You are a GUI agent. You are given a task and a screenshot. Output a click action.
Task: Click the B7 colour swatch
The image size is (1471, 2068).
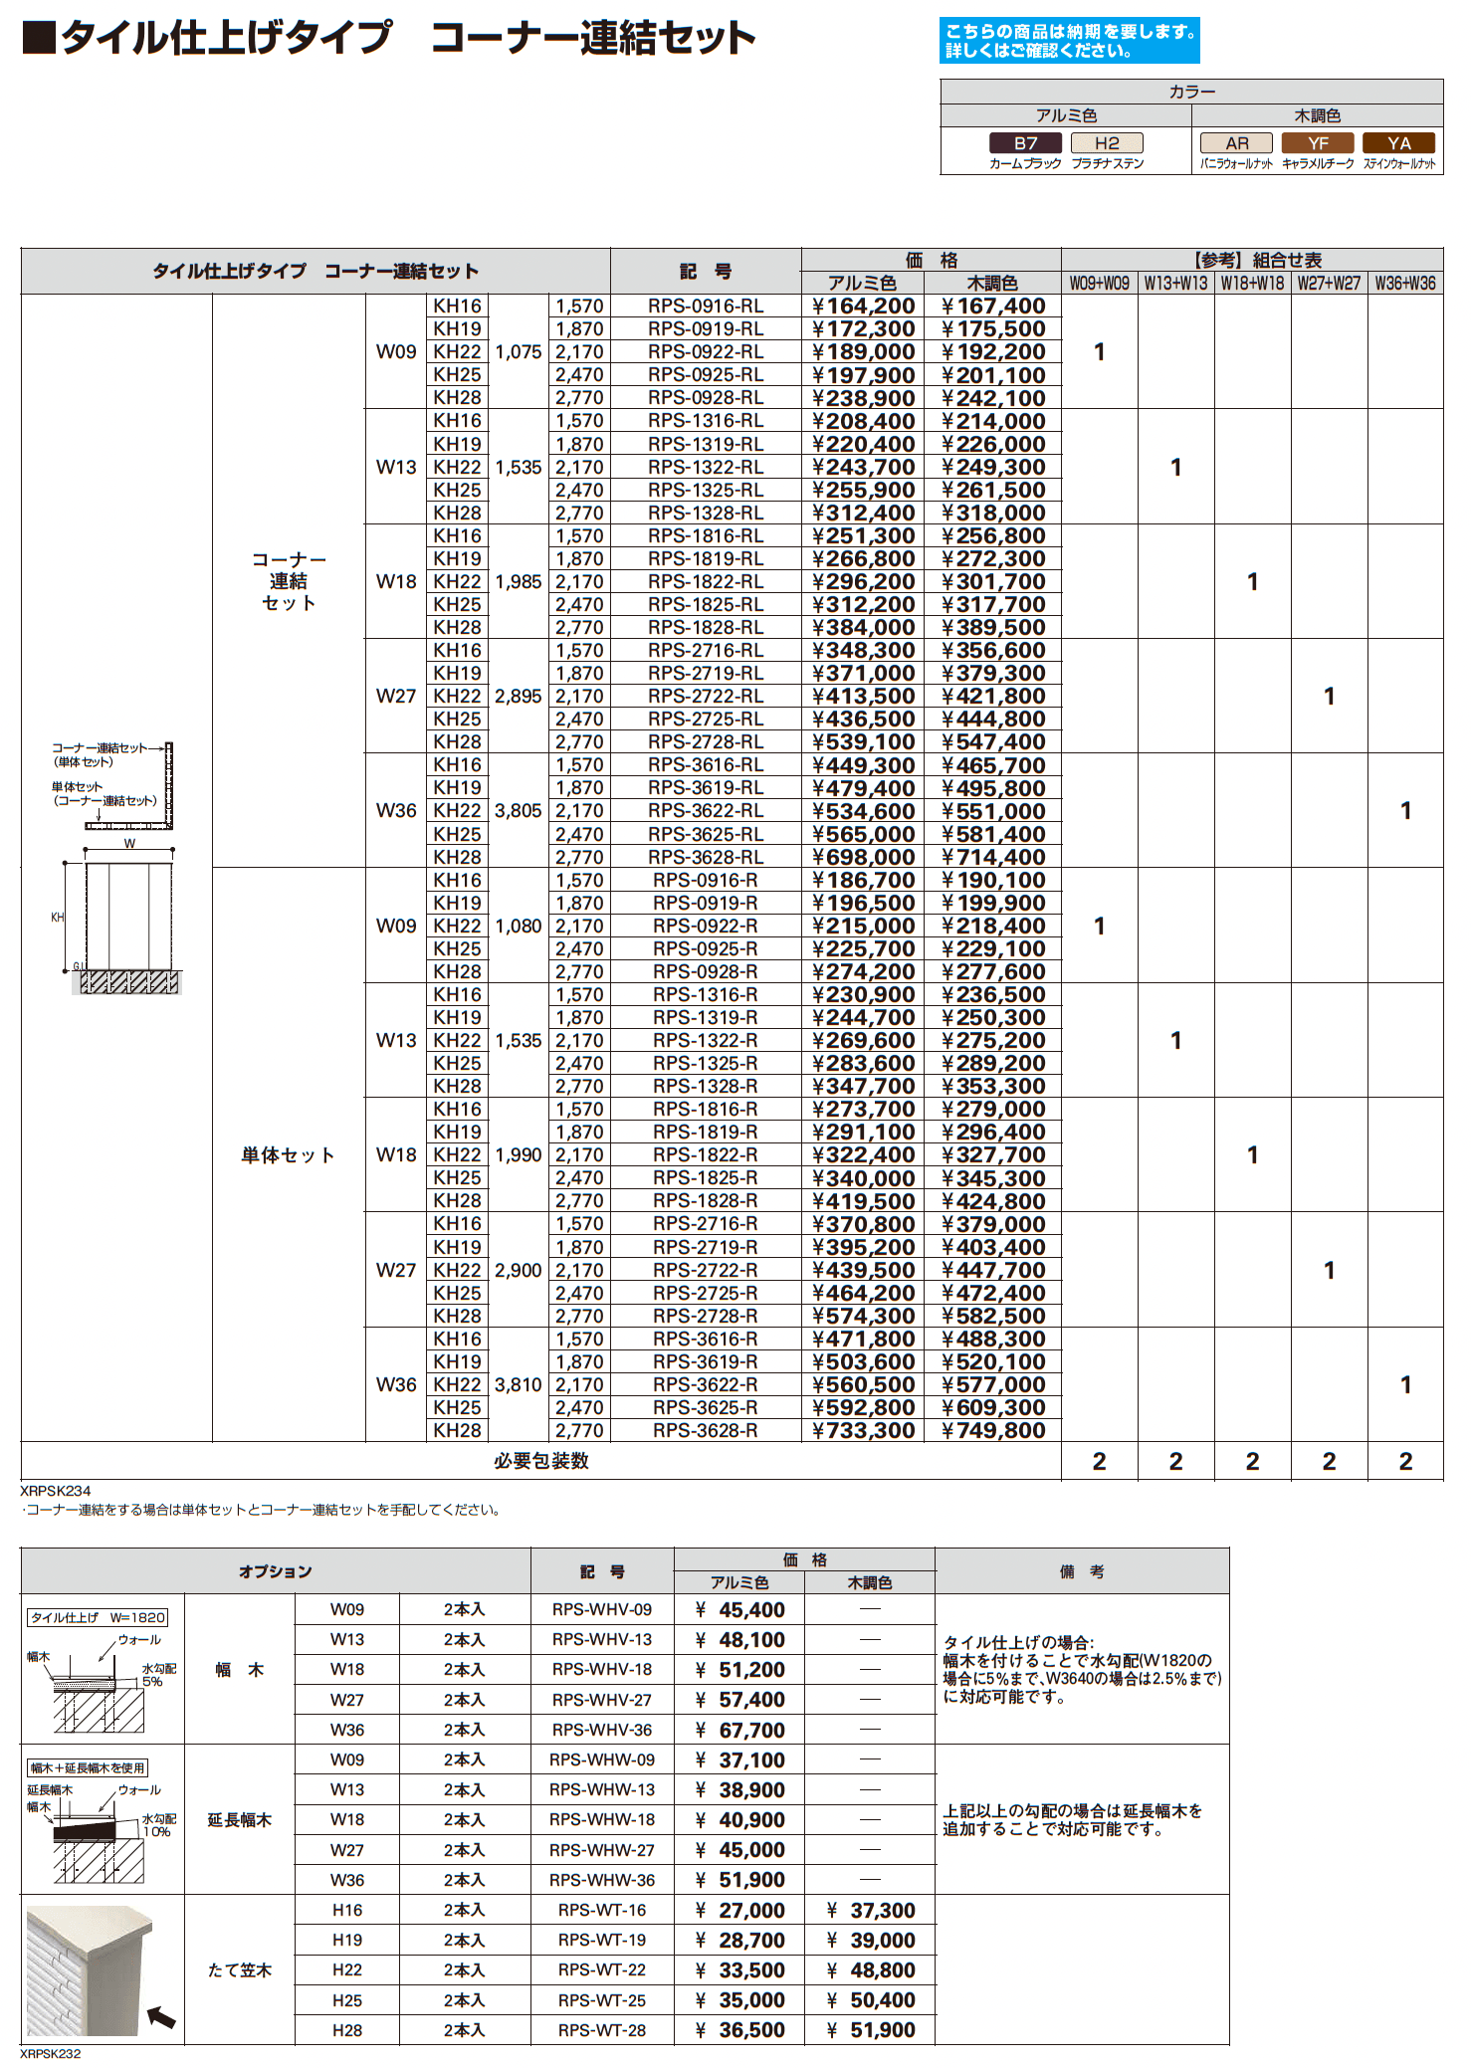pyautogui.click(x=1025, y=143)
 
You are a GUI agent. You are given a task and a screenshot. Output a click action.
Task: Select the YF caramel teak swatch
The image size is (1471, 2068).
pyautogui.click(x=1318, y=143)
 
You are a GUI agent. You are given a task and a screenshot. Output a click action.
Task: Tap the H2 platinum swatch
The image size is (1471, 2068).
pyautogui.click(x=1107, y=143)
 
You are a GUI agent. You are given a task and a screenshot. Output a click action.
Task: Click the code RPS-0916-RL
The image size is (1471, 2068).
pyautogui.click(x=706, y=307)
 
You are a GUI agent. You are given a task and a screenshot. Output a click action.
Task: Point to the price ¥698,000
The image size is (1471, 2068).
pyautogui.click(x=863, y=858)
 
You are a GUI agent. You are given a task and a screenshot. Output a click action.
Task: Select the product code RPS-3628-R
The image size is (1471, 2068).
pyautogui.click(x=705, y=1431)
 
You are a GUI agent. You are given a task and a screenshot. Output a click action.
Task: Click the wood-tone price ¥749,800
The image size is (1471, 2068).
pyautogui.click(x=993, y=1431)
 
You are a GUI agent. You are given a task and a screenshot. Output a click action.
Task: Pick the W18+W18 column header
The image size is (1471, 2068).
pyautogui.click(x=1252, y=284)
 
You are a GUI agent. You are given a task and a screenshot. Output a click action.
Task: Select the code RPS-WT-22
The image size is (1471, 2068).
pyautogui.click(x=602, y=1970)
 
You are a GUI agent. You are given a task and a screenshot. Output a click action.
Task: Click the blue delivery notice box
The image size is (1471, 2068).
pyautogui.click(x=1069, y=41)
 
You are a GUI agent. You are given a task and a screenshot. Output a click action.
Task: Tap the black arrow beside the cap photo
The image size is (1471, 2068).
pyautogui.click(x=161, y=2018)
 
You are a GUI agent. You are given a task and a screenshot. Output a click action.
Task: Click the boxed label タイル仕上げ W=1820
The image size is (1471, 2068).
pyautogui.click(x=98, y=1618)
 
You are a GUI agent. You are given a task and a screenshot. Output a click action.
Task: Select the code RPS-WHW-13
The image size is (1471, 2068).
pyautogui.click(x=602, y=1790)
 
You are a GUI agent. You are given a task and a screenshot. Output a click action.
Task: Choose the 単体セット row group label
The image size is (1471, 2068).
pyautogui.click(x=288, y=1155)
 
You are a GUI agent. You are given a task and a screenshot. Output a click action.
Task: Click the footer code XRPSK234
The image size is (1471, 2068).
pyautogui.click(x=56, y=1491)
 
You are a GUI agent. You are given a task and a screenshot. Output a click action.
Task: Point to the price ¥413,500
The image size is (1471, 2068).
pyautogui.click(x=863, y=697)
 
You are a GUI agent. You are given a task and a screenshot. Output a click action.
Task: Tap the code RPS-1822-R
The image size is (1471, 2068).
pyautogui.click(x=705, y=1155)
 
